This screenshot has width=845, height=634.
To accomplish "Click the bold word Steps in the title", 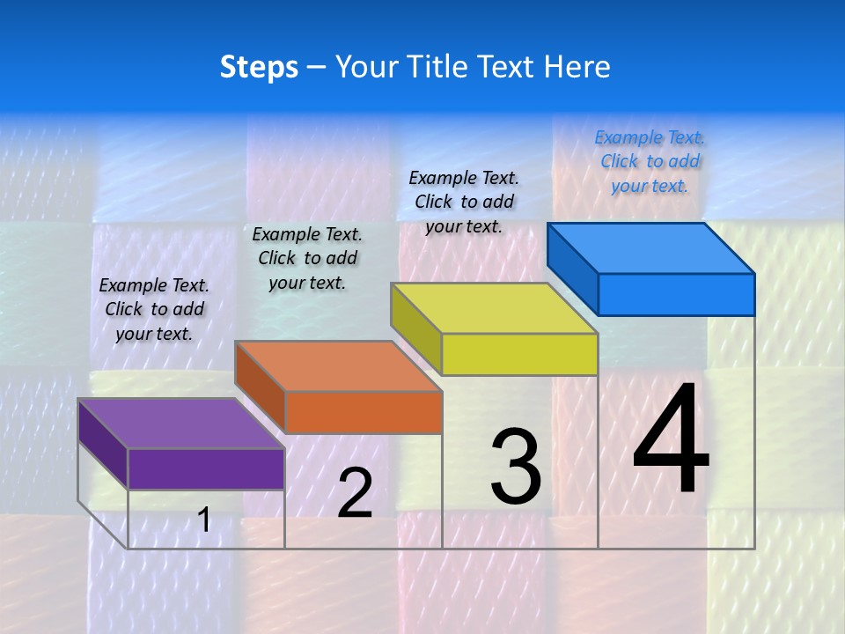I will click(259, 67).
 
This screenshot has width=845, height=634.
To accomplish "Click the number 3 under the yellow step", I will click(516, 467).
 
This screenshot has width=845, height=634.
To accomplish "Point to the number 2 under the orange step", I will click(355, 493).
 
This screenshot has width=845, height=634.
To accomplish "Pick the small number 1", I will click(204, 520).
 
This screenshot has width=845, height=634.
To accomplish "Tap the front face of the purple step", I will click(206, 468).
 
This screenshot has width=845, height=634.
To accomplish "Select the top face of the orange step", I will click(339, 366).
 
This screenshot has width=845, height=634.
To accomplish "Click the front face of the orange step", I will click(364, 412).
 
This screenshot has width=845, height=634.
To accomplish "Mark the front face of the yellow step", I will click(519, 354).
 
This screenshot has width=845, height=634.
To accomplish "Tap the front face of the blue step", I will click(676, 294).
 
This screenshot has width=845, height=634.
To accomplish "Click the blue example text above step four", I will click(650, 161).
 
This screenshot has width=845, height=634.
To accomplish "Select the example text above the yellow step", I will click(464, 202).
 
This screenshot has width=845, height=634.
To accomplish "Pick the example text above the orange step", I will click(307, 258).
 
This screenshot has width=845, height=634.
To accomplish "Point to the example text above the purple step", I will click(154, 309).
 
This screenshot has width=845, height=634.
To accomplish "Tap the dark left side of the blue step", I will click(573, 268).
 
